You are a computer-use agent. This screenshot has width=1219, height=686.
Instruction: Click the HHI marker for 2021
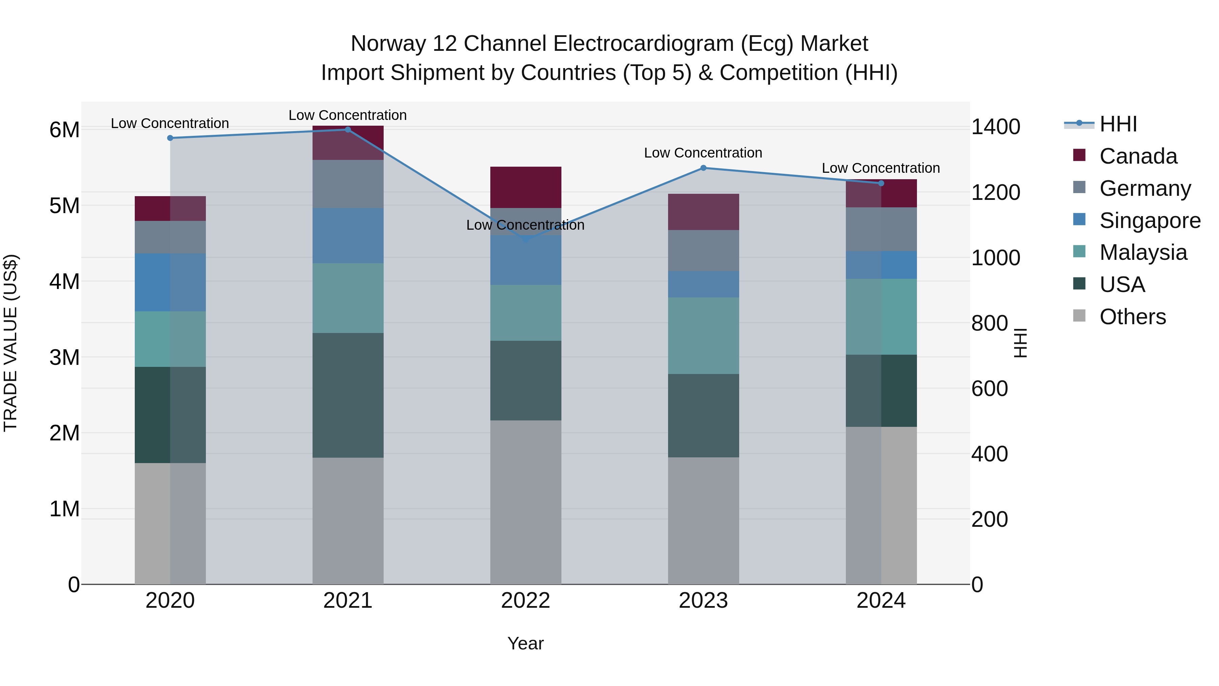[x=348, y=130]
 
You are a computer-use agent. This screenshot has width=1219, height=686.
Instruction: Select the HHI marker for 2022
[x=526, y=240]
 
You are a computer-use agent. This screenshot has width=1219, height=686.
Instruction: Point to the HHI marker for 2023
[x=703, y=168]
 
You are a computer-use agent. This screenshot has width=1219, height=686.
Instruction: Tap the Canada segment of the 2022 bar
[x=526, y=187]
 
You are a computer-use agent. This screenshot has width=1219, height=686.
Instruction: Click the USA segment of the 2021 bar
[x=348, y=395]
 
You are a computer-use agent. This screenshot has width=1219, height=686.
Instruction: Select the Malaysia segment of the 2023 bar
[x=703, y=336]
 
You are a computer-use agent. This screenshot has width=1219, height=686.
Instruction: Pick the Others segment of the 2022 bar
[x=526, y=502]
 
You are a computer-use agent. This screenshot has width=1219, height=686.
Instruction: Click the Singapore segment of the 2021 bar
[x=348, y=236]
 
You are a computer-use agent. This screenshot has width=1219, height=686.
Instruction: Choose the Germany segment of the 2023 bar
[x=703, y=250]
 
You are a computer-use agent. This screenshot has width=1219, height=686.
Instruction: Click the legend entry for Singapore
[x=1150, y=221]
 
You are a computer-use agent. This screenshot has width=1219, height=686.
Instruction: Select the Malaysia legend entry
[x=1143, y=253]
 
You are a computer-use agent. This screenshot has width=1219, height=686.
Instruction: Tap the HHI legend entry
[x=1118, y=124]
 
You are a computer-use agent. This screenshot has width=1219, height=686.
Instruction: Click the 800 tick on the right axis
[x=989, y=324]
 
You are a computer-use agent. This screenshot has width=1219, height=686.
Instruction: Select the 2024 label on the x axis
[x=881, y=601]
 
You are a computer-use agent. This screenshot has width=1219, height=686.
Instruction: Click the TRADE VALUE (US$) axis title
[x=10, y=343]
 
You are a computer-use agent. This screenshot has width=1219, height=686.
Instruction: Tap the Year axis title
[x=525, y=643]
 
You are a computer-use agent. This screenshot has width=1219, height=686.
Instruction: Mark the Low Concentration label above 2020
[x=170, y=124]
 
